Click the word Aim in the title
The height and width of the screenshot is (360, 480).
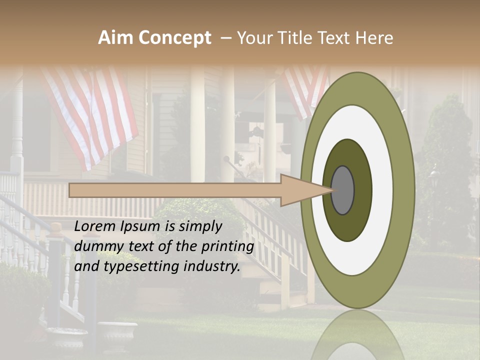(115, 38)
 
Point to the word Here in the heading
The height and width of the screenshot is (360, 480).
(374, 38)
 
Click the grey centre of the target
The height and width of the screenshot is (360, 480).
(342, 190)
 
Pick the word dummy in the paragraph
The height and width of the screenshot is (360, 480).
(95, 246)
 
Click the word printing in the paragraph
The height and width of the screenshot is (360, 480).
(228, 246)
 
